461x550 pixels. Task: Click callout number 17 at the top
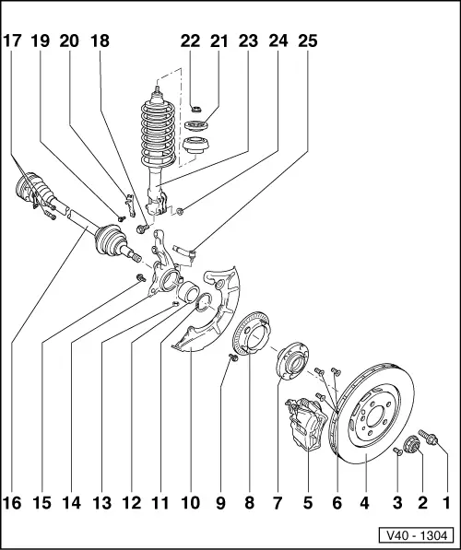(x=14, y=41)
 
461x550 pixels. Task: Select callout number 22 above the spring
(x=190, y=41)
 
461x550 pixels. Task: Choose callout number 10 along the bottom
(x=190, y=503)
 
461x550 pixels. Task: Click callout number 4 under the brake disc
(x=366, y=503)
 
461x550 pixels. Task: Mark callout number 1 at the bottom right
(x=448, y=503)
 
